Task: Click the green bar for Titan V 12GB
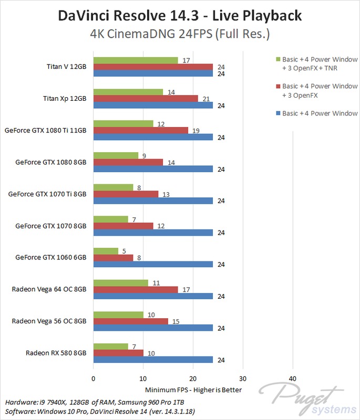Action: coord(136,60)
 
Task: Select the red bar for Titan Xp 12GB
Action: coord(146,98)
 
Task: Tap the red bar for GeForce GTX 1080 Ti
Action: coord(140,130)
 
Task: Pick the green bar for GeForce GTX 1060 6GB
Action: coord(106,251)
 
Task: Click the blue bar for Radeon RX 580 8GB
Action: coord(153,360)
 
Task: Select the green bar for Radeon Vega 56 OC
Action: coord(118,314)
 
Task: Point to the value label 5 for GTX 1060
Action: coord(124,251)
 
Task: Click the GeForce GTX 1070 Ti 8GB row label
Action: coord(47,194)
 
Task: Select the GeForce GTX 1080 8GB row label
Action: coord(50,162)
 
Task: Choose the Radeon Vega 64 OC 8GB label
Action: coord(49,289)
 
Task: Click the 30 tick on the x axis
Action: coord(243,379)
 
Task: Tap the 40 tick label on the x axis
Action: coord(293,379)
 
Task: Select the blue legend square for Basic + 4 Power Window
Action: coord(277,113)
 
